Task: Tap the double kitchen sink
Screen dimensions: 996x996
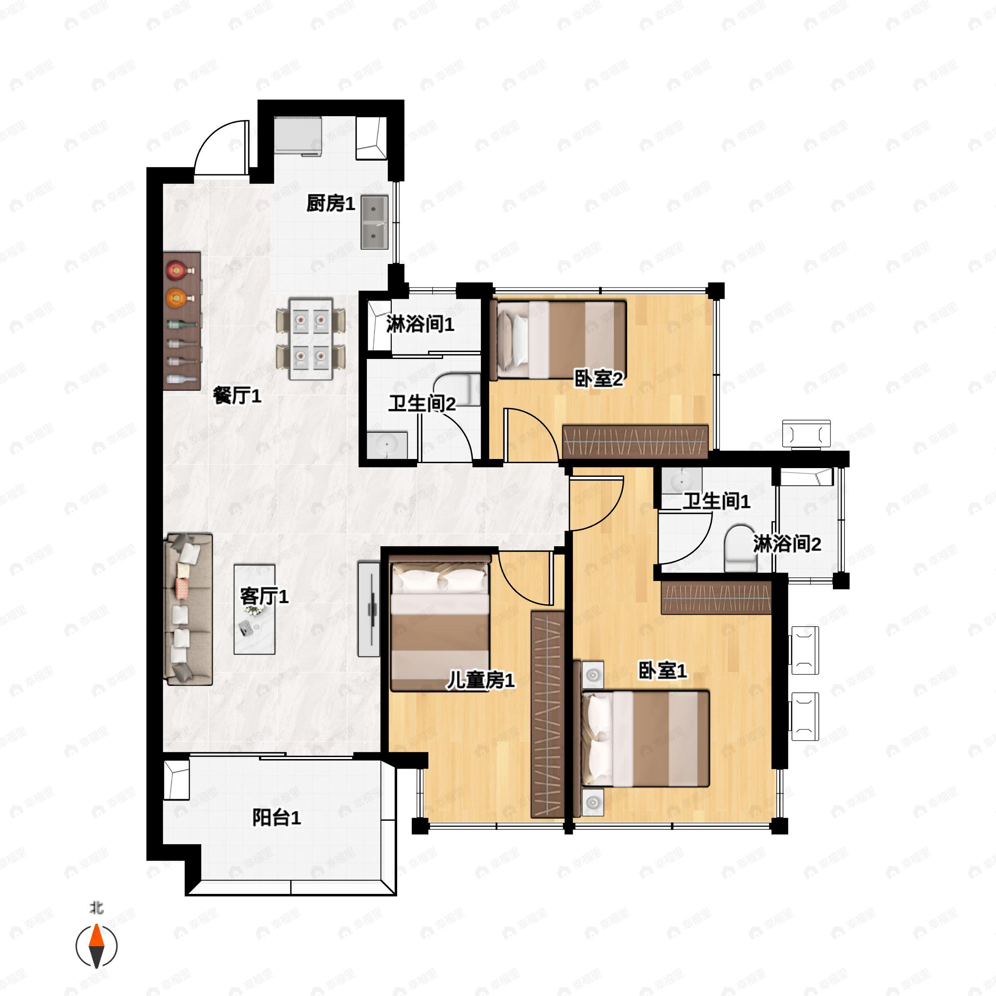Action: [x=374, y=222]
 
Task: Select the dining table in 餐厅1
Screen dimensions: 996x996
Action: [x=310, y=338]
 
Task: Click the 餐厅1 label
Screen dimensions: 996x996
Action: [x=237, y=395]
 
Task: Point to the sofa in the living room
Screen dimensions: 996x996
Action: [x=188, y=609]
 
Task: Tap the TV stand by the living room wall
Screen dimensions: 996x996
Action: [x=369, y=609]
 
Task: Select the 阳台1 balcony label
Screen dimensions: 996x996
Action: [x=276, y=817]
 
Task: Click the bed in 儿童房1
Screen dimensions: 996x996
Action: [x=440, y=623]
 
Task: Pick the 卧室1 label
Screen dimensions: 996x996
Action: [x=662, y=671]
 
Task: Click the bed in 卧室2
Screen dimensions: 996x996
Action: [x=558, y=340]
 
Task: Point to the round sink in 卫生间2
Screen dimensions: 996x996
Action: [x=387, y=445]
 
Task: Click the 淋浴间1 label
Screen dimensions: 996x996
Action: [x=420, y=324]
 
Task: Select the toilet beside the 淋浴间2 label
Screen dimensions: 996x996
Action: [x=740, y=548]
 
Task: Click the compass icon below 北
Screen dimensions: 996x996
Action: [x=96, y=946]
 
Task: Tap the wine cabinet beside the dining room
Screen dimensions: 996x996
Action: [x=181, y=321]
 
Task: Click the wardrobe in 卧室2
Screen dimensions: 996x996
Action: [x=635, y=441]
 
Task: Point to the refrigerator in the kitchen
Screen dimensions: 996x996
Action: [x=298, y=136]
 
